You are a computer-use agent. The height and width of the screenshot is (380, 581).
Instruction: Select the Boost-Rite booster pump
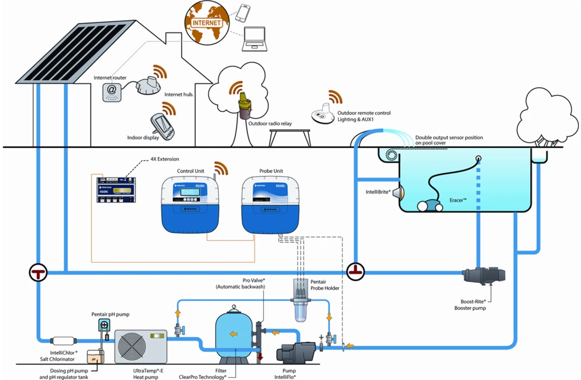[x=483, y=275]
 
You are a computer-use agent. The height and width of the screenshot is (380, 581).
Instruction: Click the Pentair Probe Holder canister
[x=303, y=303]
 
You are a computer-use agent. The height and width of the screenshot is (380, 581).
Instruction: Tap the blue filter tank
[x=235, y=332]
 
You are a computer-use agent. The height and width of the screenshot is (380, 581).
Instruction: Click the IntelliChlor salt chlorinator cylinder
[x=62, y=341]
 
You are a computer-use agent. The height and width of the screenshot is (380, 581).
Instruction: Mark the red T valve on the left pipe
[x=38, y=272]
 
